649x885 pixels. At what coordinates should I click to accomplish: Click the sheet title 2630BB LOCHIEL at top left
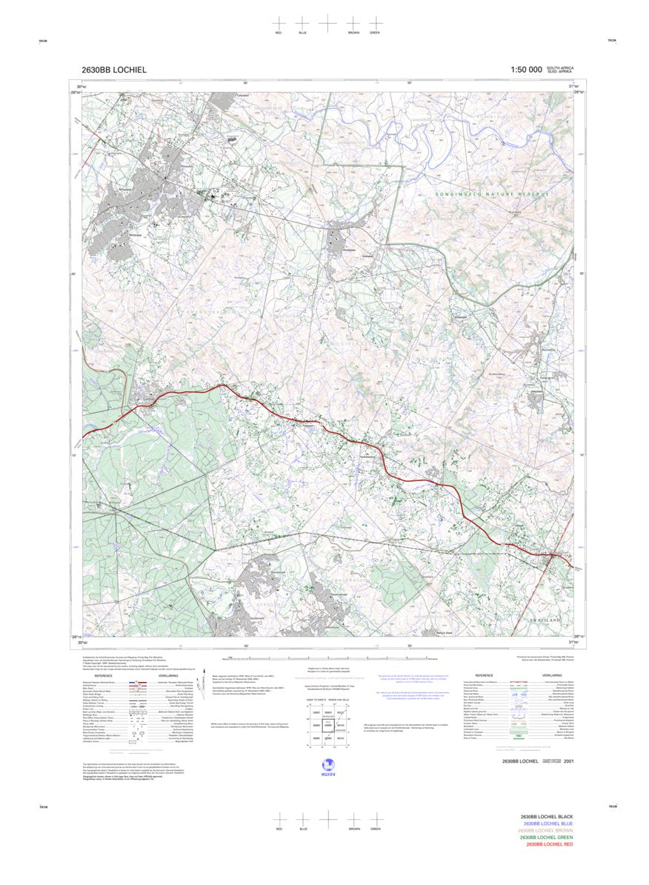click(x=114, y=70)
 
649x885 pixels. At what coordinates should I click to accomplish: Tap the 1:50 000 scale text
click(x=526, y=70)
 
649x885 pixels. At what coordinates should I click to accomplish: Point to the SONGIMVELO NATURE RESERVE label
click(x=493, y=193)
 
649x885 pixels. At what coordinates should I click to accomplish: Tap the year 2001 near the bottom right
click(x=568, y=761)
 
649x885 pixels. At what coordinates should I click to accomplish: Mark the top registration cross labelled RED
click(x=279, y=23)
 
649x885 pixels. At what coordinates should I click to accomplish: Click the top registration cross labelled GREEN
click(x=375, y=23)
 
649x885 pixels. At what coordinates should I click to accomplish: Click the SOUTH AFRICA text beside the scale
click(x=560, y=67)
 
